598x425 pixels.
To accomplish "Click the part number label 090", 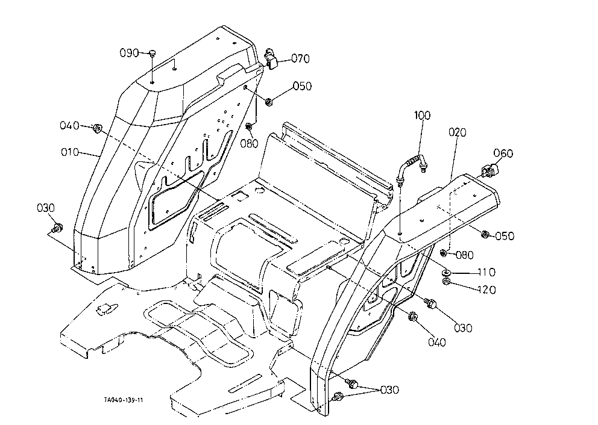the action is (x=129, y=52).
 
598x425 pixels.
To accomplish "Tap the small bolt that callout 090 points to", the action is (x=152, y=53).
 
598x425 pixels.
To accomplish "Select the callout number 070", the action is (x=301, y=58).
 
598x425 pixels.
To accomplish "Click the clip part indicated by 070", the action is (x=271, y=58).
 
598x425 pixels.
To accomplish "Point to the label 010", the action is (x=70, y=152).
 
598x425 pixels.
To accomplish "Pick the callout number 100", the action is (x=422, y=115).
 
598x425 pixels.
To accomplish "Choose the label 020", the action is (x=458, y=132).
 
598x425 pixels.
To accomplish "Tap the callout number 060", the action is (x=503, y=153).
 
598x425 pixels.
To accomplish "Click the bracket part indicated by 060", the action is (x=489, y=170).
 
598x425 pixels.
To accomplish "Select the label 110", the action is (x=486, y=272).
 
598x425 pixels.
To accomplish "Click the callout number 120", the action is (x=486, y=290).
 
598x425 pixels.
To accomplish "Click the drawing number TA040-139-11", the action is (x=124, y=400).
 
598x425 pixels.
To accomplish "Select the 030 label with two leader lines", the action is (x=389, y=390).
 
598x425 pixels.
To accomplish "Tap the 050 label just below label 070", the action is (x=302, y=86).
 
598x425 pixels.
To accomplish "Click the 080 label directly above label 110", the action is (x=464, y=255).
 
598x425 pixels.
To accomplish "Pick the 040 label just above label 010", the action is (x=69, y=125).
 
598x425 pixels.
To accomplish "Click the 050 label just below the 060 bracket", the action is (x=505, y=236).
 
